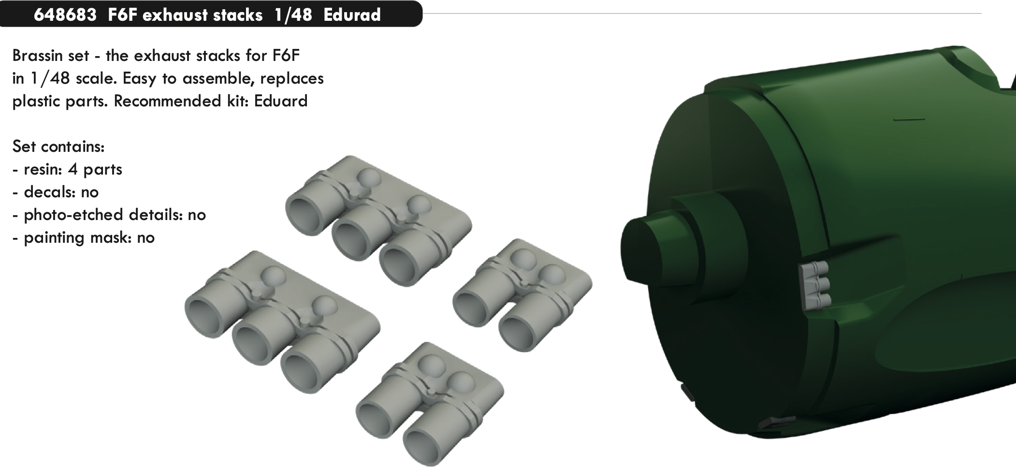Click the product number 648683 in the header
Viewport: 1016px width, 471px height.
tap(66, 15)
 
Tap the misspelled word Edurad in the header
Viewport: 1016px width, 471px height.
tap(352, 15)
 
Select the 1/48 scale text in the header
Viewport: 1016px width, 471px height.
tap(293, 15)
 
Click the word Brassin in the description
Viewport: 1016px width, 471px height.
tap(51, 56)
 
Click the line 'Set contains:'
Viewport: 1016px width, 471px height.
tap(58, 147)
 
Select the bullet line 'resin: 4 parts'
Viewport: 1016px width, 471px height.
tap(73, 170)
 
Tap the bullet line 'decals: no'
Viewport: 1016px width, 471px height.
tap(61, 192)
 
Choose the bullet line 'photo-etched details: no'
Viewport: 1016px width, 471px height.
tap(115, 215)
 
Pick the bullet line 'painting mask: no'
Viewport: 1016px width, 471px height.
tap(89, 237)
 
